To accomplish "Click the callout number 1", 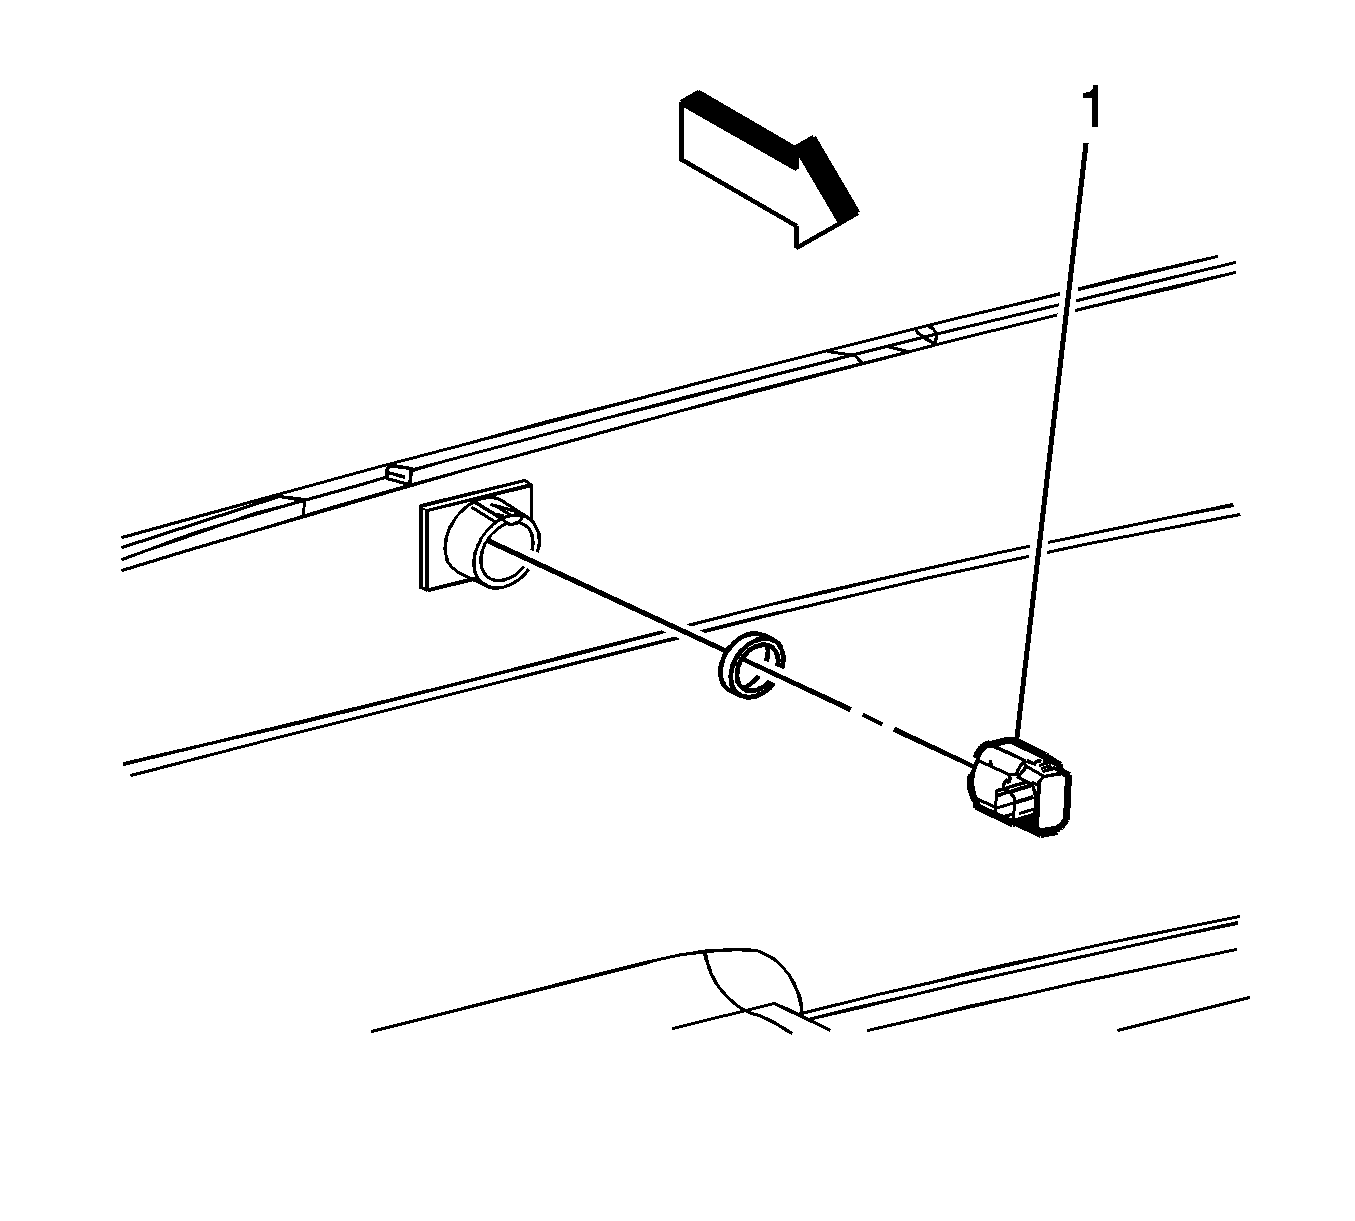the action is [x=1092, y=109].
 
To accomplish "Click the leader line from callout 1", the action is [x=1052, y=438].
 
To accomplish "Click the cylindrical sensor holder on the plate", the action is [x=490, y=542].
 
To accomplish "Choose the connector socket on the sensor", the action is [x=1015, y=802].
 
